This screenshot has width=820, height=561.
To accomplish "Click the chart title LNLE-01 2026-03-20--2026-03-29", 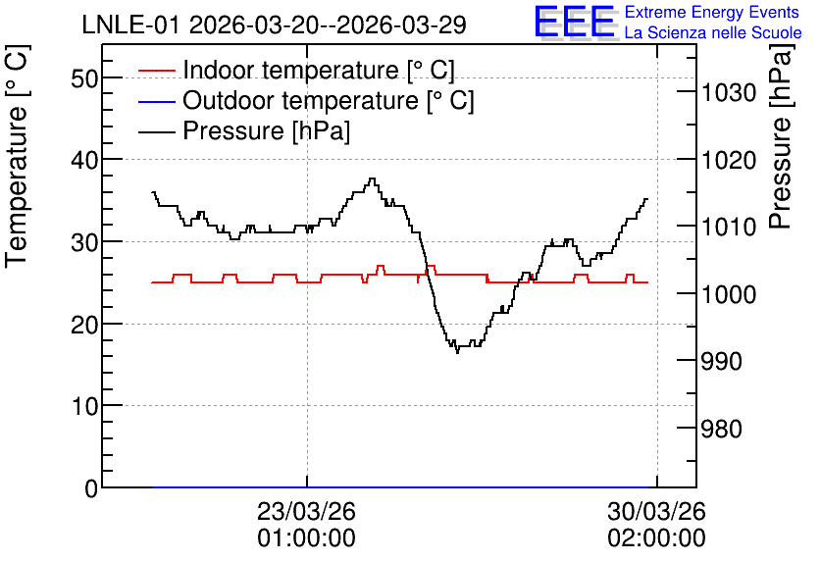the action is click(x=274, y=25).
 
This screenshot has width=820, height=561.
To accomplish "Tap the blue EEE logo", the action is click(x=575, y=22).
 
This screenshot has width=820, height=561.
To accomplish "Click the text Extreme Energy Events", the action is click(x=712, y=12).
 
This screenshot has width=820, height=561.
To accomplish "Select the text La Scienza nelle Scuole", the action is click(x=713, y=32).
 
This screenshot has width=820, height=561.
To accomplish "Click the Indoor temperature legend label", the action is click(x=319, y=70).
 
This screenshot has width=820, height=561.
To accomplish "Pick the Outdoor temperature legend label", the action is click(x=329, y=100).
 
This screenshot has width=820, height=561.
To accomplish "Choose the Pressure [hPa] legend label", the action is click(x=266, y=130).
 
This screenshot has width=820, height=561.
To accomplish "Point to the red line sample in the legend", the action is click(x=156, y=71).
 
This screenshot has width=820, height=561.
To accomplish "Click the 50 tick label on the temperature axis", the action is click(x=84, y=78).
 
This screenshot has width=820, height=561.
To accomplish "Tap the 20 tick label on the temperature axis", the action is click(x=84, y=325).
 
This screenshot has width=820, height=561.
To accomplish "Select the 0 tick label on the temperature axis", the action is click(x=91, y=488).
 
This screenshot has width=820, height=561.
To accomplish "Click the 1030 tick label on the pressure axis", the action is click(x=729, y=93).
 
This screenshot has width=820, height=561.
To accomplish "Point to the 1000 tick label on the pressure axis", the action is click(x=729, y=294).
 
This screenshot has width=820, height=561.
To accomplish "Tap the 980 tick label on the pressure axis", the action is click(x=722, y=429).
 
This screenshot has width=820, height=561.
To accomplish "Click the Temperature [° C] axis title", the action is click(x=17, y=156).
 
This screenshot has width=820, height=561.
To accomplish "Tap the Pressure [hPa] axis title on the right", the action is click(x=781, y=136).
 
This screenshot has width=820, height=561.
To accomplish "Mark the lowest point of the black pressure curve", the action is click(x=458, y=352).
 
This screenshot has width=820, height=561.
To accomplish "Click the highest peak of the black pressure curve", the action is click(x=372, y=178).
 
